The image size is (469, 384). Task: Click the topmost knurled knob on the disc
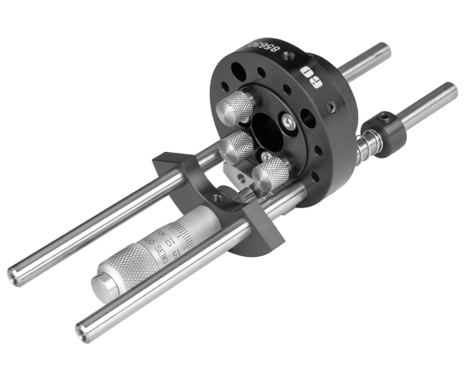click(x=238, y=108)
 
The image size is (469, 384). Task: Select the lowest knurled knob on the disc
click(x=272, y=172)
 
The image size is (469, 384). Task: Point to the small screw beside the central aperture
click(x=291, y=125)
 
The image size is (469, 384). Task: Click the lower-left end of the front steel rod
click(x=84, y=328)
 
